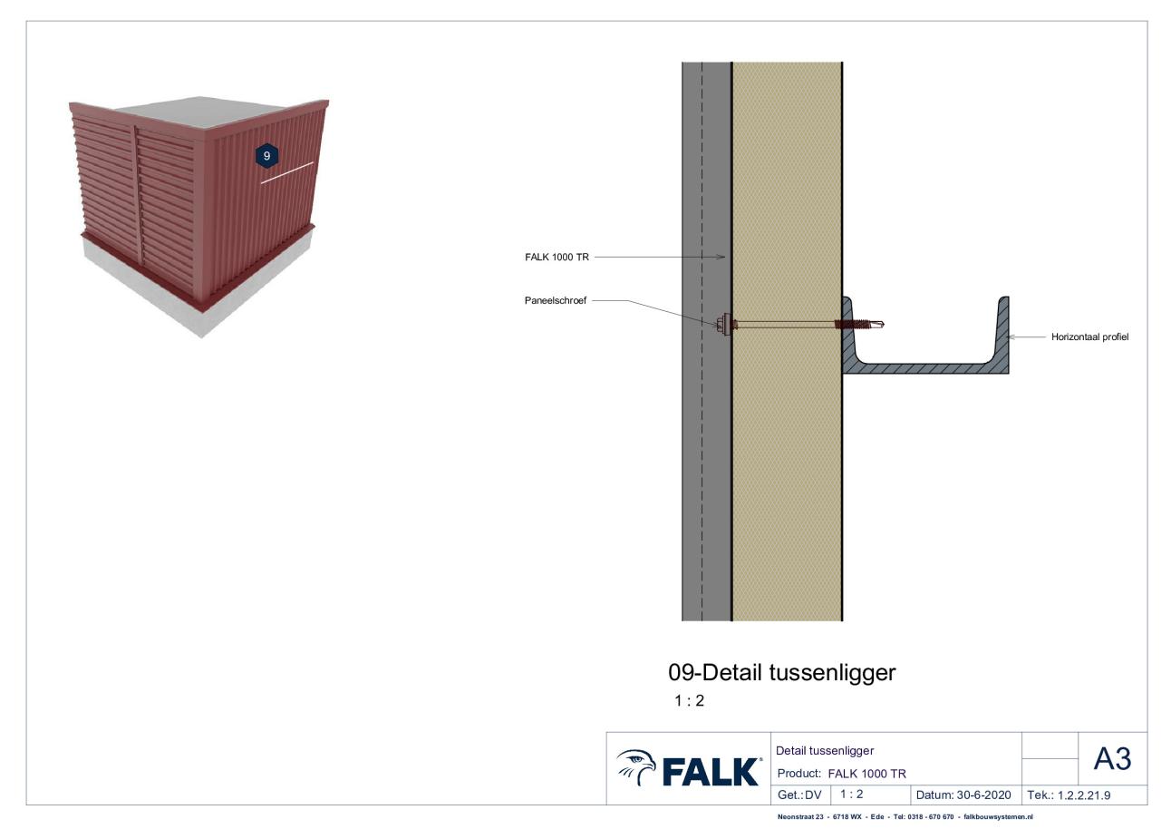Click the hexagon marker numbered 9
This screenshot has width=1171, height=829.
(x=266, y=156)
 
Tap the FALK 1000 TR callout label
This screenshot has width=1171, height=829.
(x=556, y=258)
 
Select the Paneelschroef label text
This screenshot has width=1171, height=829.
(x=556, y=301)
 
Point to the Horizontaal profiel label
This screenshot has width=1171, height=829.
(x=1090, y=337)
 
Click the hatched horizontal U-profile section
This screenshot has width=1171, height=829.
(x=925, y=368)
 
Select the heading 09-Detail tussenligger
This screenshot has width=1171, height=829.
(x=781, y=673)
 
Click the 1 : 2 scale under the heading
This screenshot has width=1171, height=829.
(x=689, y=701)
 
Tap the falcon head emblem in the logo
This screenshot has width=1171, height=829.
(x=636, y=766)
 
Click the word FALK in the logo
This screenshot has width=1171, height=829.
(x=711, y=772)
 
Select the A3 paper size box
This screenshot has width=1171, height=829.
(x=1112, y=759)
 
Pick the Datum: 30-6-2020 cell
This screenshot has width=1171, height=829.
(x=963, y=795)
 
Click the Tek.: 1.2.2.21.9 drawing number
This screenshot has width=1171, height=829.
(x=1069, y=795)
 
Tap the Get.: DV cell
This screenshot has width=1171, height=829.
(x=799, y=795)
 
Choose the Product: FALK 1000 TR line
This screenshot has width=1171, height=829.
(x=841, y=774)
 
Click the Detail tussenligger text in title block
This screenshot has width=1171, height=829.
(x=825, y=751)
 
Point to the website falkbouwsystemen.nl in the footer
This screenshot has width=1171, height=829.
(x=999, y=817)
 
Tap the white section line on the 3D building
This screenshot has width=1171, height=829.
(x=287, y=172)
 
